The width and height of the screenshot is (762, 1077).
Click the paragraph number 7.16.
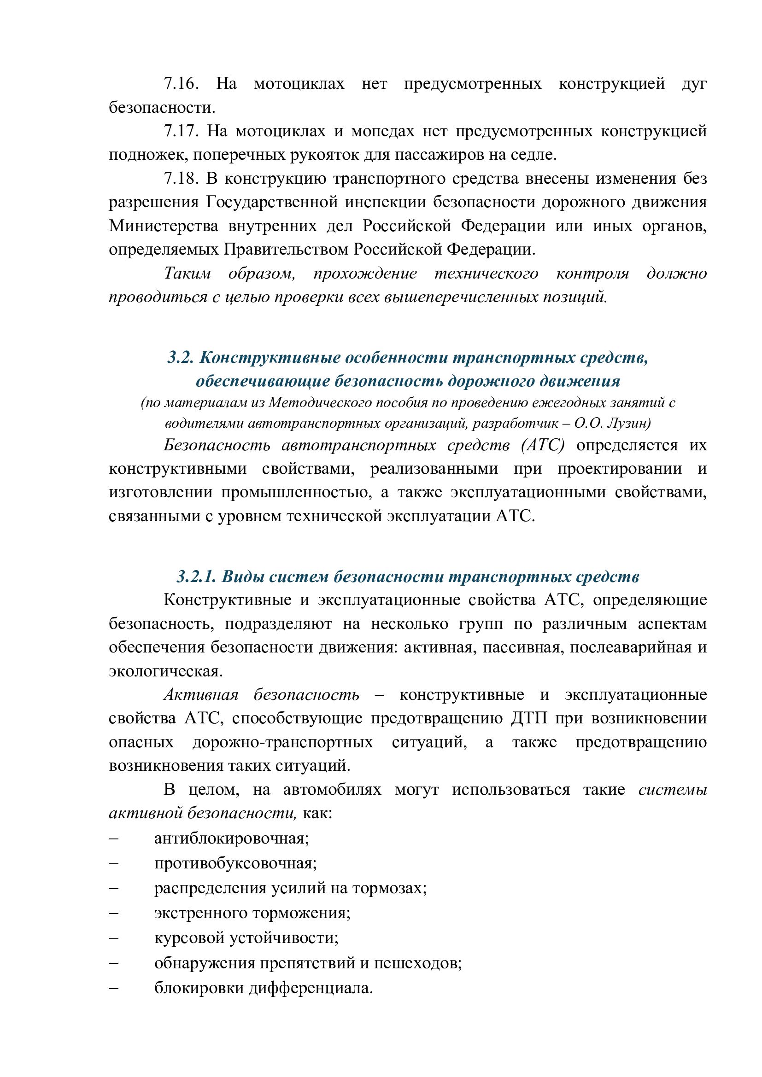click(x=181, y=84)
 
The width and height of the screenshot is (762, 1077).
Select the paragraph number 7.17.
click(x=181, y=131)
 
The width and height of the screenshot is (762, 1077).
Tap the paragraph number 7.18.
click(x=181, y=179)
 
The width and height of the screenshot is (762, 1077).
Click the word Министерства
click(x=164, y=226)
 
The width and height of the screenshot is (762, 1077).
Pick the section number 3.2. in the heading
click(x=181, y=357)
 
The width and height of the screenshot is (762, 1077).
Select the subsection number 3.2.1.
click(x=196, y=576)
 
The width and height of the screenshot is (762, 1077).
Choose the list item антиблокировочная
click(x=231, y=838)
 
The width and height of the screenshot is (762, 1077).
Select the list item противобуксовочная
click(x=235, y=863)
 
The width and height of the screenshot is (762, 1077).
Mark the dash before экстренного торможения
click(x=113, y=913)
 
